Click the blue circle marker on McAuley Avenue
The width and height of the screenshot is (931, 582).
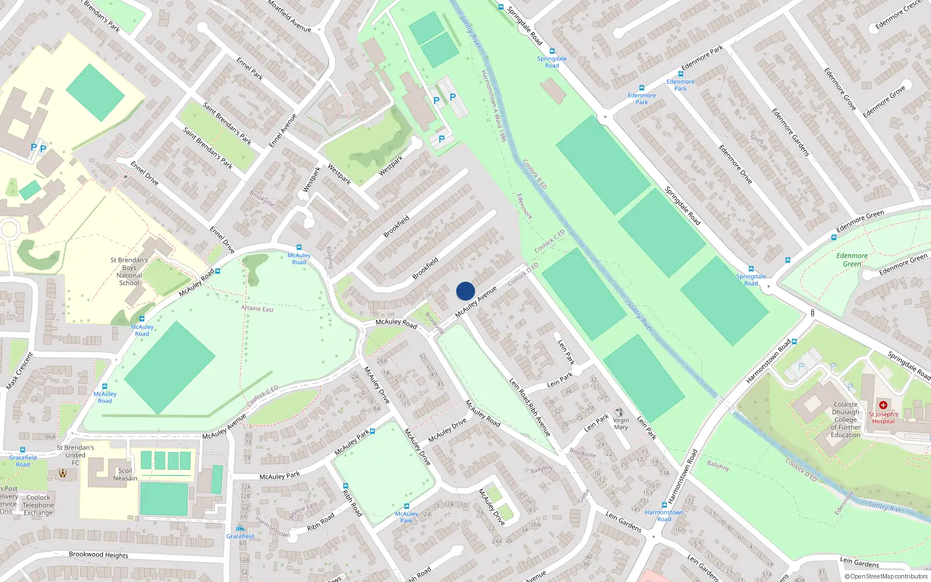(x=465, y=291)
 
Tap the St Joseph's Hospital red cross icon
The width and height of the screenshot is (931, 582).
(x=883, y=405)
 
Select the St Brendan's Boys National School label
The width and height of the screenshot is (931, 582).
(x=129, y=271)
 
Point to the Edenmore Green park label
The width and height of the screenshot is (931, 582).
(x=852, y=260)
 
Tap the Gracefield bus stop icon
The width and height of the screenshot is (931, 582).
(x=240, y=528)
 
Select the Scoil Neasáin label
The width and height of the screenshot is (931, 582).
(x=125, y=474)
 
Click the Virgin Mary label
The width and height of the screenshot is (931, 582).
(x=620, y=423)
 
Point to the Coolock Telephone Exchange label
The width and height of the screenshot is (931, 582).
(x=38, y=505)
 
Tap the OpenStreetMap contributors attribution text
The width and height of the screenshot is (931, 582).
(x=886, y=576)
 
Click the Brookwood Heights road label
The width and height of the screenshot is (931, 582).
(x=98, y=555)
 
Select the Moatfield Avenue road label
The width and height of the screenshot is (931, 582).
(x=289, y=16)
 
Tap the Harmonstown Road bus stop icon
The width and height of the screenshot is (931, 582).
(x=664, y=505)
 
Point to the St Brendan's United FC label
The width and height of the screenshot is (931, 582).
(x=75, y=455)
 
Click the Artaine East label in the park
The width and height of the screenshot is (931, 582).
(x=257, y=308)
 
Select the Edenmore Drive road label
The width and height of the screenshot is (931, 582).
(x=735, y=164)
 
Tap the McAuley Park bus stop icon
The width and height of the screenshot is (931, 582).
(x=406, y=506)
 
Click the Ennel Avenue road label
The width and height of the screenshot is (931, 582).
(x=283, y=130)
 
